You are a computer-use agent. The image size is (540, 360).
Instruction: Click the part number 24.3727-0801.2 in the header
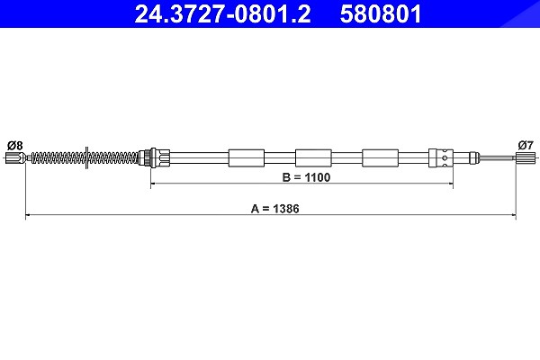(x=222, y=14)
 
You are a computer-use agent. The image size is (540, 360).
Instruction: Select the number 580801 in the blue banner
(x=381, y=14)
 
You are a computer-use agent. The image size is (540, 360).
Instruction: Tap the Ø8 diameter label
(x=14, y=146)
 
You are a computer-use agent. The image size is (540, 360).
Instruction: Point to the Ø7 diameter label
(x=526, y=146)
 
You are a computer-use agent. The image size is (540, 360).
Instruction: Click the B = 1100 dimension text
(x=306, y=177)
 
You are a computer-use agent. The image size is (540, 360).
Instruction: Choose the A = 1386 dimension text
(x=274, y=209)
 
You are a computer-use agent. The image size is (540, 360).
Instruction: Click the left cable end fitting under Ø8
(x=16, y=158)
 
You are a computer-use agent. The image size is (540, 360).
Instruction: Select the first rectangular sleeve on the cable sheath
(x=247, y=158)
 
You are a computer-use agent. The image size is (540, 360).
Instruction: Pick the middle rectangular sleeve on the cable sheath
(x=313, y=158)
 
